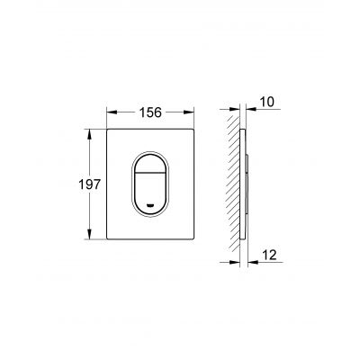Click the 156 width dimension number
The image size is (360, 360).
[x=150, y=112]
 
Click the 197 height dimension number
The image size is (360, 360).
[x=89, y=184]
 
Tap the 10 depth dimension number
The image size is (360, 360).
[x=266, y=102]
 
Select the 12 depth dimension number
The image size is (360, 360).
[x=269, y=255]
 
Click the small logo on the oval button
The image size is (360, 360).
[x=150, y=205]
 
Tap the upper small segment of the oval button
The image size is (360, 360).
[x=150, y=165]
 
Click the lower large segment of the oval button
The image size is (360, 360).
[x=150, y=192]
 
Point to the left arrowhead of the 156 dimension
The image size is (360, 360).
[x=112, y=112]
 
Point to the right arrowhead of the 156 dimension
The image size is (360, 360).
[x=189, y=112]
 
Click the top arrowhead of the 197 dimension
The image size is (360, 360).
[x=89, y=134]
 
